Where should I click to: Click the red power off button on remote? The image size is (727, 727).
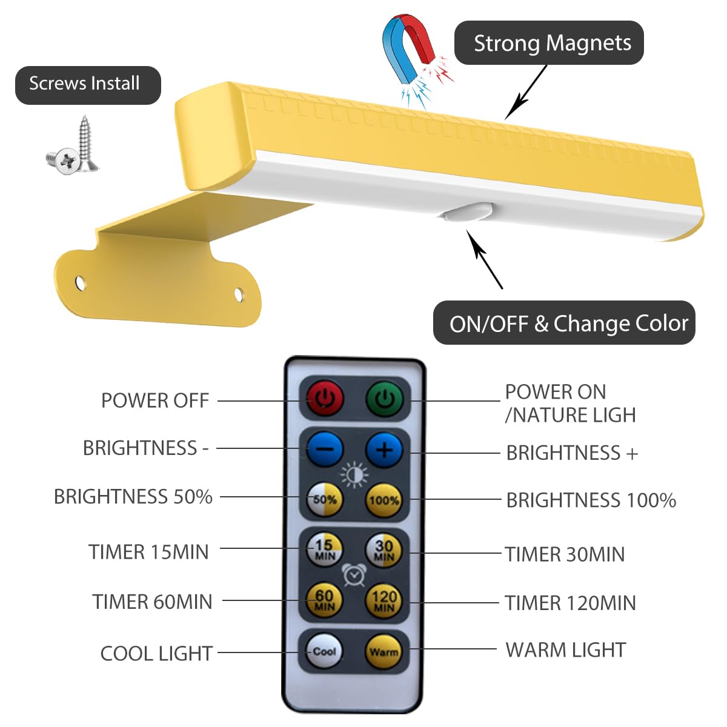coord(325,398)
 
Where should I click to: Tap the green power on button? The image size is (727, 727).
coord(384,399)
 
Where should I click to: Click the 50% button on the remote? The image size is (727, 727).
coord(325,500)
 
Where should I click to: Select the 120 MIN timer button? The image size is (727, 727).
coord(384,601)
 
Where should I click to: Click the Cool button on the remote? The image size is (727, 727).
coord(325,651)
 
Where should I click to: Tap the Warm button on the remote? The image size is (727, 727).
coord(384,652)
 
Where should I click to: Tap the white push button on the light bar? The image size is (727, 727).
coord(468,213)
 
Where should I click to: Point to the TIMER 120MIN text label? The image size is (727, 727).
coord(570,603)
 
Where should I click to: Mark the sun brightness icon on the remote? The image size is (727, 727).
coord(354,475)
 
